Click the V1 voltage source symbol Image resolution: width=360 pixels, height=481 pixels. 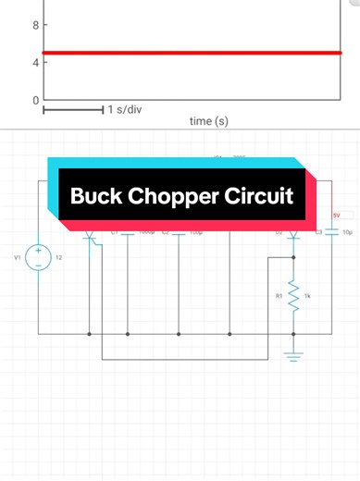pos(39,257)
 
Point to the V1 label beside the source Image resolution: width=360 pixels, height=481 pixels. pos(17,257)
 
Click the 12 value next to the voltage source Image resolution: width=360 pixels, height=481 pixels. pos(58,257)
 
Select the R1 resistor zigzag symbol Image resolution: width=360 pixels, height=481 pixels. pos(294,297)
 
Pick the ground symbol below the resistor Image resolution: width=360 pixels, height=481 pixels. pos(294,357)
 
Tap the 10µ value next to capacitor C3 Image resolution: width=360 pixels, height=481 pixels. pos(347,233)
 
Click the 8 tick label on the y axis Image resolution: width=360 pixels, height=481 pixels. pos(35,26)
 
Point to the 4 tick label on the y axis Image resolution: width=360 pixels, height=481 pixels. pos(35,63)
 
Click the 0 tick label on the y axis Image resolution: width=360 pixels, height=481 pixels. pos(35,100)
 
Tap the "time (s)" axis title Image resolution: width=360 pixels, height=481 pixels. pos(208,121)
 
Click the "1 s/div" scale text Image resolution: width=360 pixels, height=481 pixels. pos(124,110)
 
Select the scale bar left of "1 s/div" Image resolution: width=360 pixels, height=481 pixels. pos(72,110)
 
